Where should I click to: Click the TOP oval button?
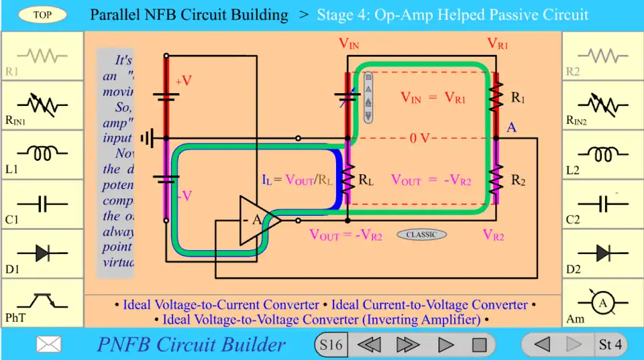coord(42,15)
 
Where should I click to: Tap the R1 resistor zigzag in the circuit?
coord(496,99)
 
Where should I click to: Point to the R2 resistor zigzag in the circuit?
coord(496,179)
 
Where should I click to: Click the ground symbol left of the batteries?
coord(148,139)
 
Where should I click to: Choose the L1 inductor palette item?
coord(42,155)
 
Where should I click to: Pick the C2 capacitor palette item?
coord(602,204)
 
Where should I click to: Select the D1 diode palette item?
coord(42,253)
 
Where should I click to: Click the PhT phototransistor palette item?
coord(42,303)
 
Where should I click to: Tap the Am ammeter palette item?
coord(602,304)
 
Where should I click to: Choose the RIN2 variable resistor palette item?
coord(602,105)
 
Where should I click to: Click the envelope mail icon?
coord(49,345)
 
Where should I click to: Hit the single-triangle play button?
coord(446,345)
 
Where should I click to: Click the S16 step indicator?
coord(331,345)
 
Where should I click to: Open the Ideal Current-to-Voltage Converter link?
coord(429,305)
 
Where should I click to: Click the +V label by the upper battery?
coord(184,81)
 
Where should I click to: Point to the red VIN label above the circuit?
coord(349,44)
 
